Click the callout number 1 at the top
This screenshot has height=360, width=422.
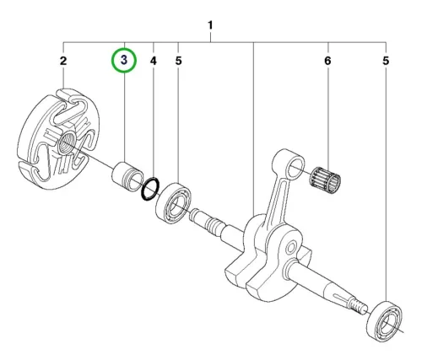coord(210,25)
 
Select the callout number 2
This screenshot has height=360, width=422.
coord(63,61)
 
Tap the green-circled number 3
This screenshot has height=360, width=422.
coord(124,60)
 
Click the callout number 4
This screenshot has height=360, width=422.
coord(153,61)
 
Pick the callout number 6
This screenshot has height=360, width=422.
coord(327,61)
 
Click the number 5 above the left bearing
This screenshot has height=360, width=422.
coord(178,61)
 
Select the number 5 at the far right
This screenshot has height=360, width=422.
coord(386,61)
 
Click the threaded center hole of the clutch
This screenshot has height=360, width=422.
coord(66,143)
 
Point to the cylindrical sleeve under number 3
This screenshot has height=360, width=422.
coord(128,176)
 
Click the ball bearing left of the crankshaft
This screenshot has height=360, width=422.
coord(173,203)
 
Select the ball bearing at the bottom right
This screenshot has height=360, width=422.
coord(384,321)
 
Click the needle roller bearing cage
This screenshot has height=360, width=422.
coord(325,180)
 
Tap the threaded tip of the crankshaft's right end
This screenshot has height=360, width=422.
coord(358,305)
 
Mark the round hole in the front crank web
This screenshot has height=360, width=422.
coord(290,248)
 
